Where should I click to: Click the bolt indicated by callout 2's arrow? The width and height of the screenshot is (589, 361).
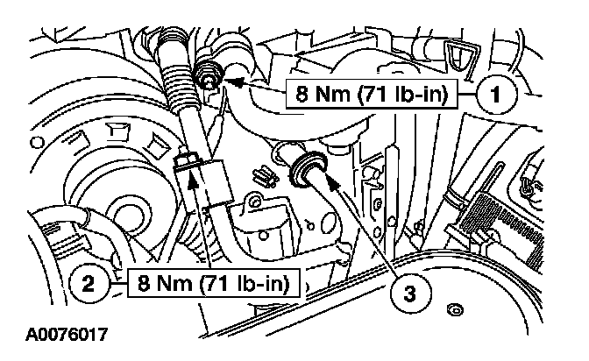(187, 164)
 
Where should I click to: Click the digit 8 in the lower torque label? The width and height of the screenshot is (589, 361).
(141, 283)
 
